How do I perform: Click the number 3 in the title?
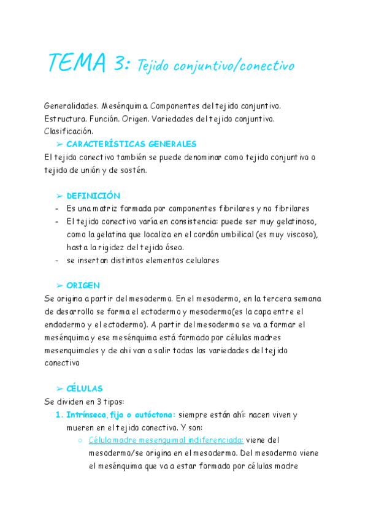[120, 63]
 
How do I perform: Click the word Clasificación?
[69, 131]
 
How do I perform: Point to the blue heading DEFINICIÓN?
[93, 196]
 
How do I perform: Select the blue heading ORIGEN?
[83, 286]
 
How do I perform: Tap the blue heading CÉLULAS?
[85, 389]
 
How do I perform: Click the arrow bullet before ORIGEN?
[59, 286]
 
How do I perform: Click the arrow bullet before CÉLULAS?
[59, 389]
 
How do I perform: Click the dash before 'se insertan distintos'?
[56, 260]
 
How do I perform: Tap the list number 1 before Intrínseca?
[59, 415]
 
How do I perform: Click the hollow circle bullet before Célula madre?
[80, 440]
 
